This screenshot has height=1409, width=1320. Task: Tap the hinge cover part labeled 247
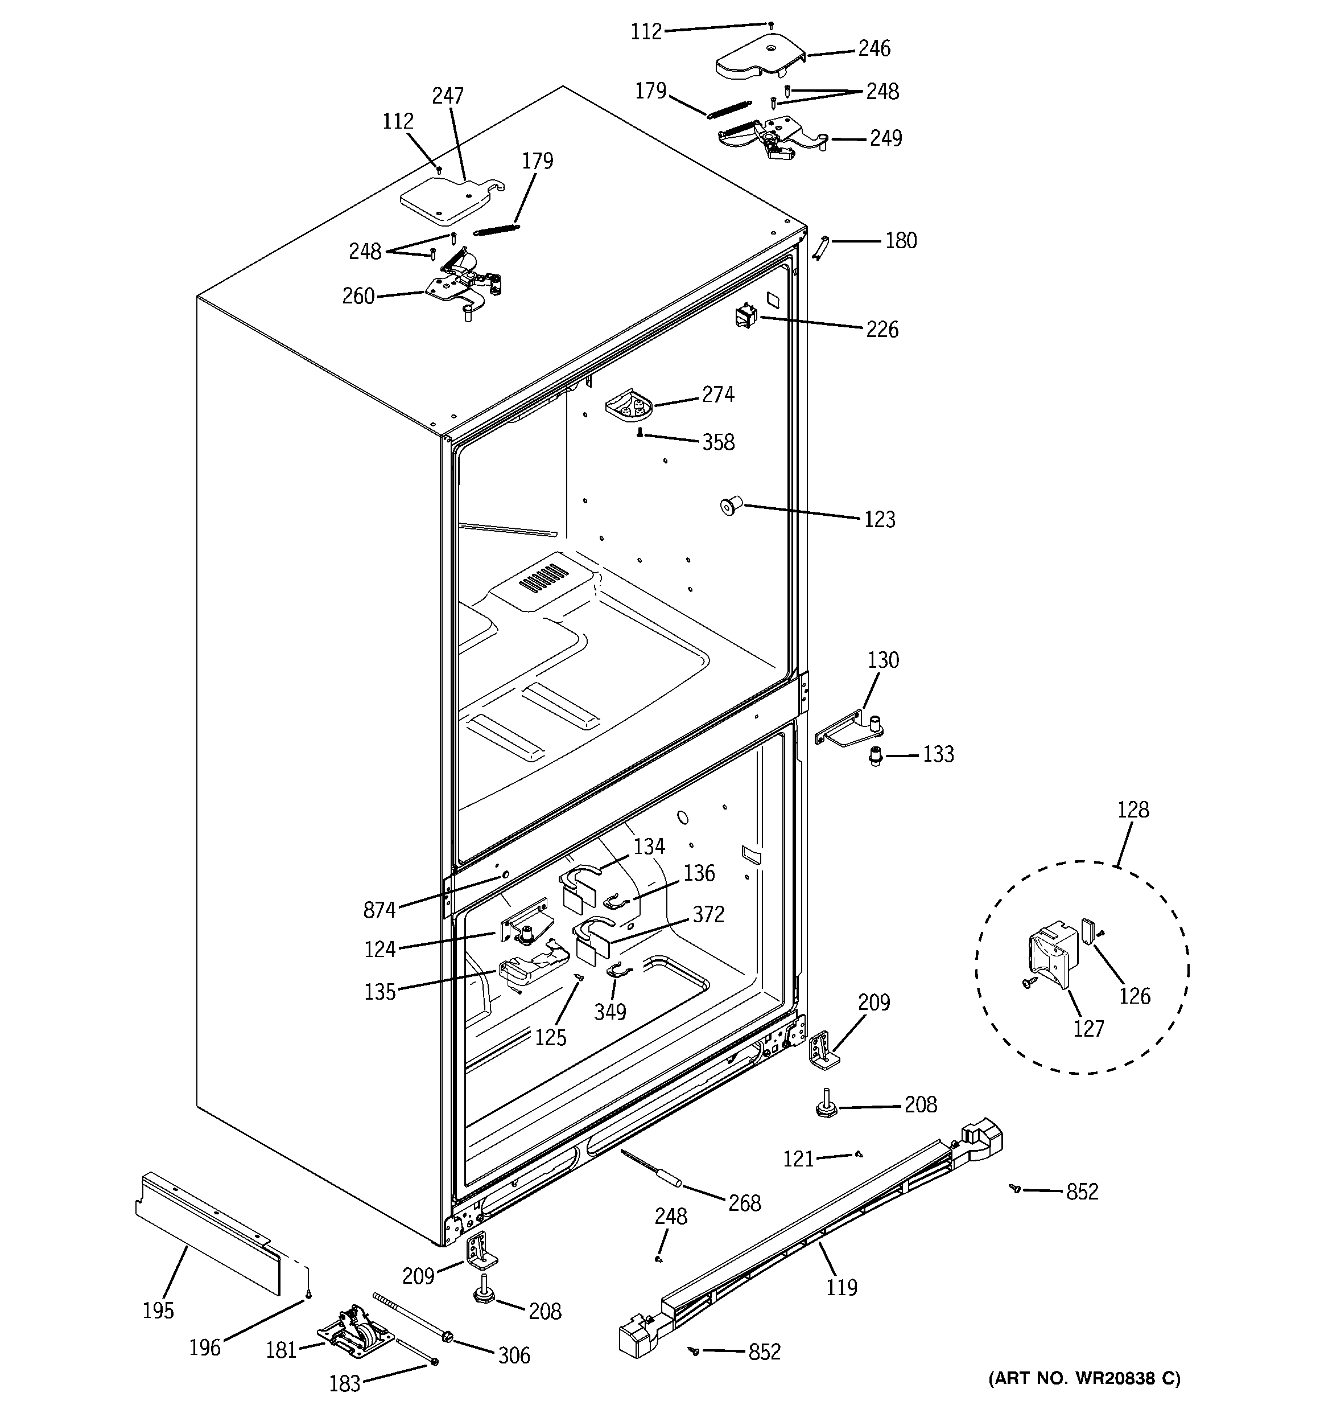[443, 200]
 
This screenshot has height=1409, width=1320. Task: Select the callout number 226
[881, 330]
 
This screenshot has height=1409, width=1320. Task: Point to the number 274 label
[717, 395]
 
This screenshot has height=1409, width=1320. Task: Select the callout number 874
[379, 910]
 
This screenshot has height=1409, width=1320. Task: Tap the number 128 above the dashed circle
[1132, 810]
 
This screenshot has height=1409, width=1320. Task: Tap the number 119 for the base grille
[841, 1287]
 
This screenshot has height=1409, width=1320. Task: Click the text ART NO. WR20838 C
[1084, 1378]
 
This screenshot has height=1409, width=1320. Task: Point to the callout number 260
[358, 295]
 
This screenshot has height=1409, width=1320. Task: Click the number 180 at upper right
[901, 241]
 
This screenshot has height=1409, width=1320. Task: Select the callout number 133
[938, 754]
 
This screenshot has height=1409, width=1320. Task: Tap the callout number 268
[744, 1203]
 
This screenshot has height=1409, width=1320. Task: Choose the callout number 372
[708, 914]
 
